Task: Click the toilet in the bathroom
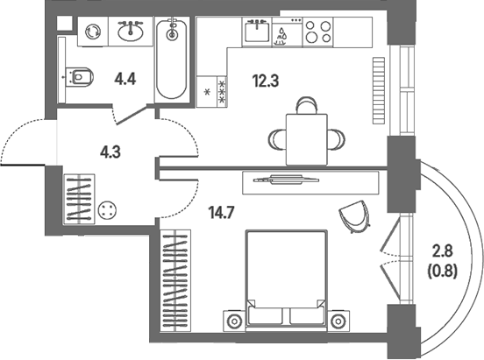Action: [x=81, y=77]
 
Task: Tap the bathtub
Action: [x=172, y=60]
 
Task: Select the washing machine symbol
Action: [x=93, y=32]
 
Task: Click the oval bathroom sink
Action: [x=131, y=32]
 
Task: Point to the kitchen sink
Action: [x=257, y=32]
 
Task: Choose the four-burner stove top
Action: [x=318, y=32]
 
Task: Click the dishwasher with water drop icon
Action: [x=287, y=32]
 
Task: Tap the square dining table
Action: [x=307, y=139]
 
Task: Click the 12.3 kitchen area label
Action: [x=266, y=81]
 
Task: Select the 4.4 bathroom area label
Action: [x=125, y=80]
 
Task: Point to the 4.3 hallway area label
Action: [x=110, y=152]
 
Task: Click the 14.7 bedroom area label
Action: [x=222, y=213]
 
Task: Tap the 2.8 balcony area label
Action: [x=442, y=251]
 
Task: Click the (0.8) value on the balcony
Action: [x=442, y=272]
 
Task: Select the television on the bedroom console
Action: [x=286, y=180]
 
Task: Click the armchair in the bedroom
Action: [x=354, y=216]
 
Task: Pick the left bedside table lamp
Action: [x=234, y=321]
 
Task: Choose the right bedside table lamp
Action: [x=338, y=321]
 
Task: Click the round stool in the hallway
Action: [x=107, y=210]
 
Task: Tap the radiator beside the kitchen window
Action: [x=379, y=91]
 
